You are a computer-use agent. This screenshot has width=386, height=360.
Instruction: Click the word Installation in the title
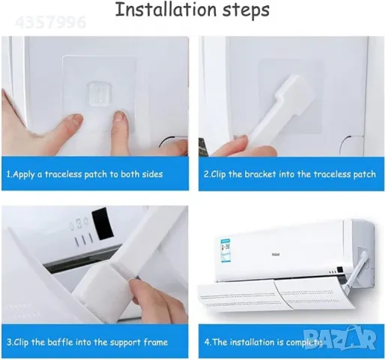click(x=166, y=10)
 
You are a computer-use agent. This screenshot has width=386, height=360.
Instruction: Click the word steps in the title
click(x=246, y=10)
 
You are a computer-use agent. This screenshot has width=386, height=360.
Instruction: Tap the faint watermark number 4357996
click(x=51, y=22)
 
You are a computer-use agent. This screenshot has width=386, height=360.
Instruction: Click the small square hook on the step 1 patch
click(x=99, y=94)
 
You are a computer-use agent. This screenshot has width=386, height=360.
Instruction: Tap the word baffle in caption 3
click(x=60, y=342)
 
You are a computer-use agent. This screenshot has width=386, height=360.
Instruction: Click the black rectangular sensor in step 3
click(x=102, y=223)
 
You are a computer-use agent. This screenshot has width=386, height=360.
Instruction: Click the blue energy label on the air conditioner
click(x=226, y=250)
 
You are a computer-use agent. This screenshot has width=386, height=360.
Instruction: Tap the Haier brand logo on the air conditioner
click(x=276, y=254)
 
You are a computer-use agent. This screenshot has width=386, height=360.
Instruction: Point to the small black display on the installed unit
click(x=340, y=270)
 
